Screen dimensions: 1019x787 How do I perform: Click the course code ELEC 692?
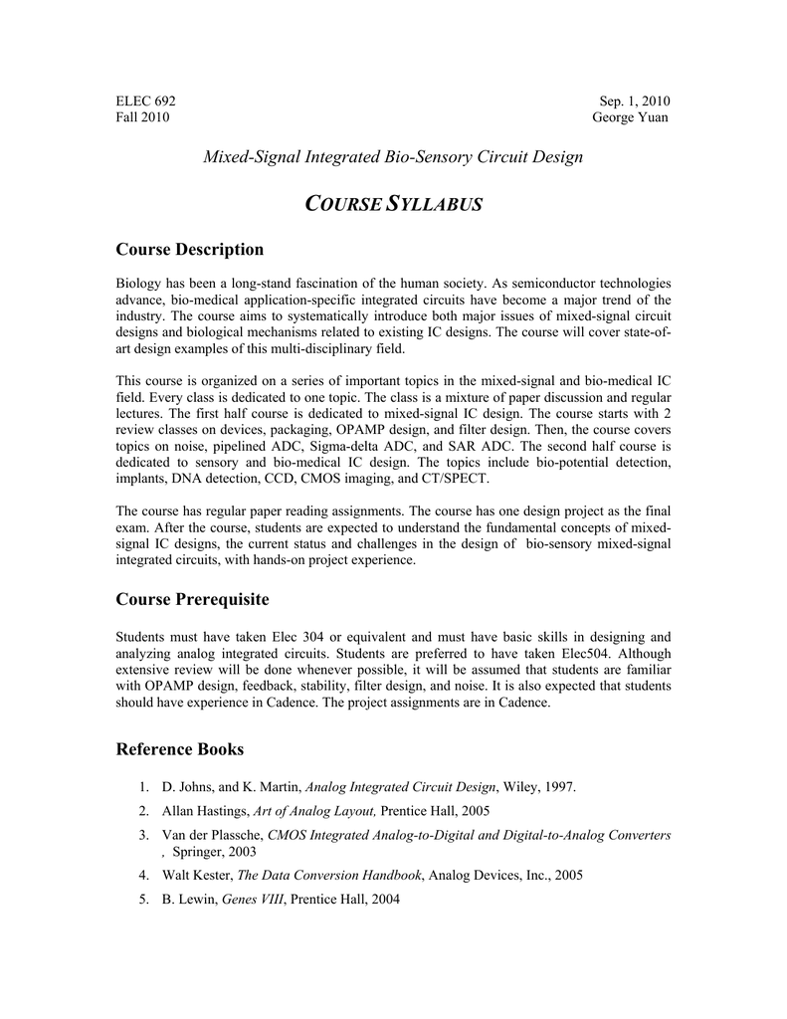pos(146,101)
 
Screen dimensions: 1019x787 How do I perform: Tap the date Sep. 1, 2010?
pos(635,101)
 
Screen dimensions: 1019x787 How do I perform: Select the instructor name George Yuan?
pos(630,116)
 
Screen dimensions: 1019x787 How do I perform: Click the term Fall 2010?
pos(143,116)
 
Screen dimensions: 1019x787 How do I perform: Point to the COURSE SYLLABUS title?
pos(393,204)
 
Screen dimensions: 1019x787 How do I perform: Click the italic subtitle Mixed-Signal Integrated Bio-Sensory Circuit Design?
pos(393,156)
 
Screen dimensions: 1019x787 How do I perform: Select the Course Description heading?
pos(190,249)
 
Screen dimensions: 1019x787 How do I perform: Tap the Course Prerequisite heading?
pos(193,599)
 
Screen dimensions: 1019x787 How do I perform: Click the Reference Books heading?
pos(180,747)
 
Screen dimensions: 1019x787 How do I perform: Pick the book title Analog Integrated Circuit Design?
pos(400,787)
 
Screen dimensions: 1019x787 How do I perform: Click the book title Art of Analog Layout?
pos(314,810)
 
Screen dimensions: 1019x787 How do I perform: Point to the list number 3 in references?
pos(143,834)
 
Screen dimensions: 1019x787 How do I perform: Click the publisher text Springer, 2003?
pos(214,852)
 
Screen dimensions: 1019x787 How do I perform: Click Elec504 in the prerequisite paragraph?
pos(556,653)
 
